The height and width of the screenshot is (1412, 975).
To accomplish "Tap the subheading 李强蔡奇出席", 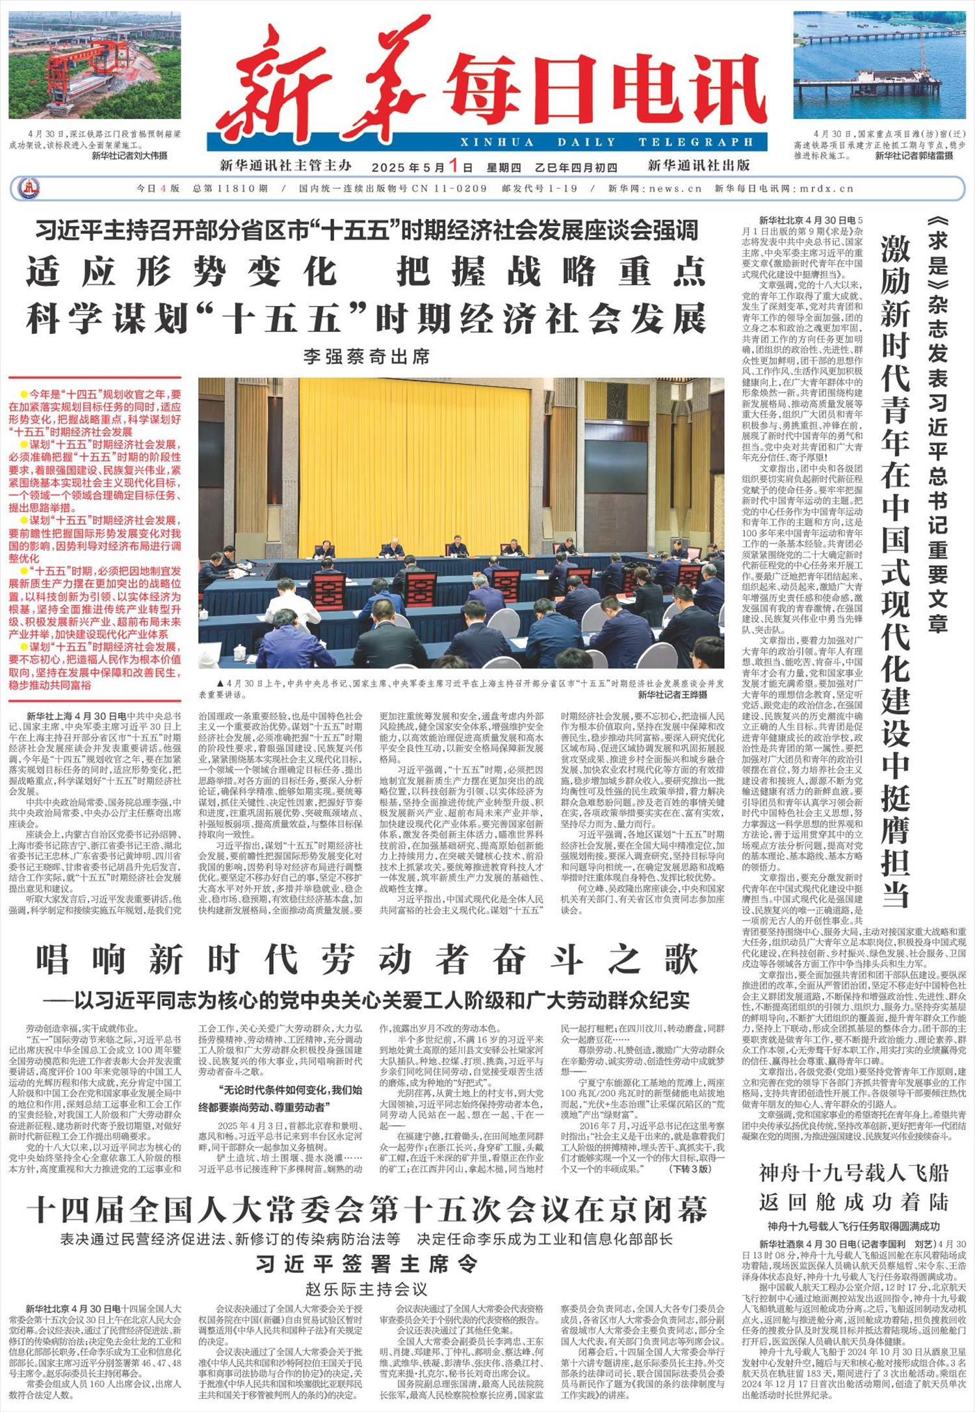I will [366, 357].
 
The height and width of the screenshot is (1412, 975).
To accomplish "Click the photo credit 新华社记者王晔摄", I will [672, 695].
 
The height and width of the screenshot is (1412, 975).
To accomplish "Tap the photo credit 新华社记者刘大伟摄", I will [129, 156].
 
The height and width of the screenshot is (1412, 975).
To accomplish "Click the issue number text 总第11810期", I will [230, 188].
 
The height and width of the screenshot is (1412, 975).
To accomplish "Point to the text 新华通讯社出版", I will [699, 165].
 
